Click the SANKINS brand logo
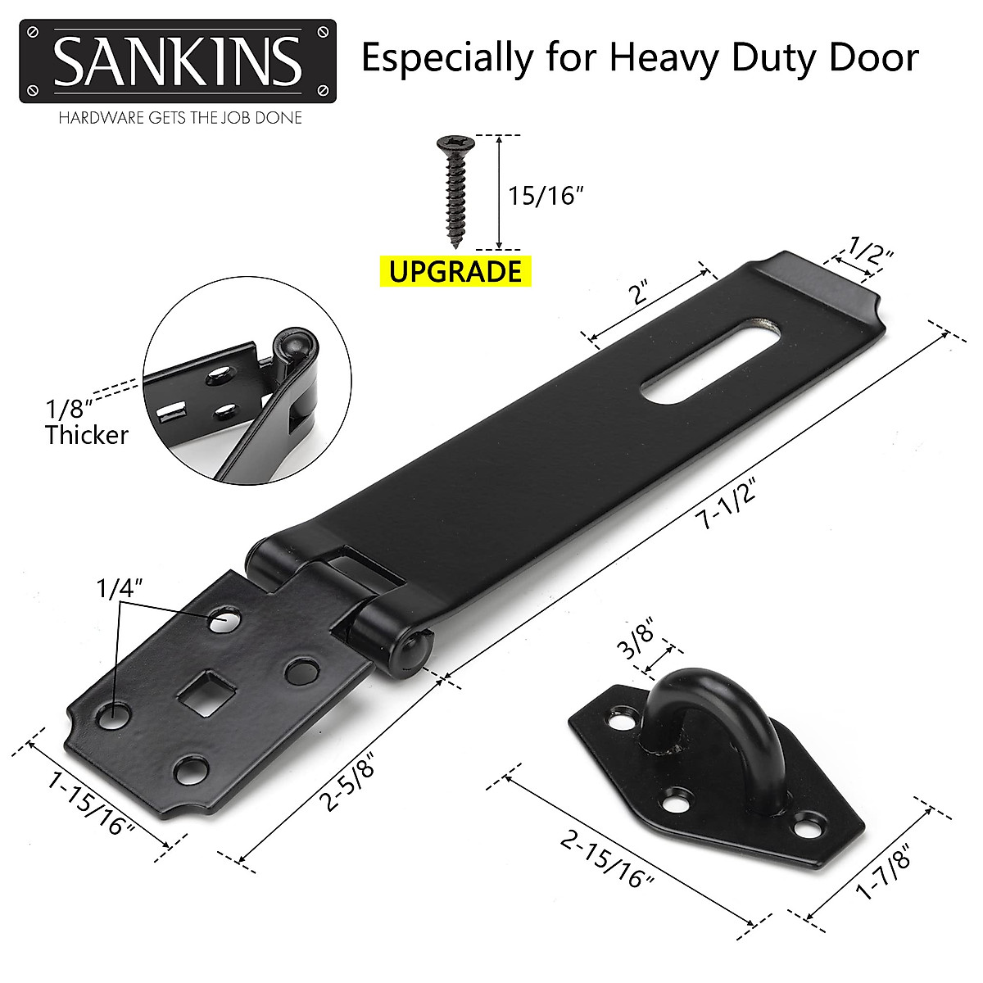(x=177, y=61)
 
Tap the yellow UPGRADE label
(x=455, y=270)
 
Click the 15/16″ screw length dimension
(x=546, y=196)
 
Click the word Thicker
(x=87, y=434)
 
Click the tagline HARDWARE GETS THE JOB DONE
(x=179, y=118)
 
